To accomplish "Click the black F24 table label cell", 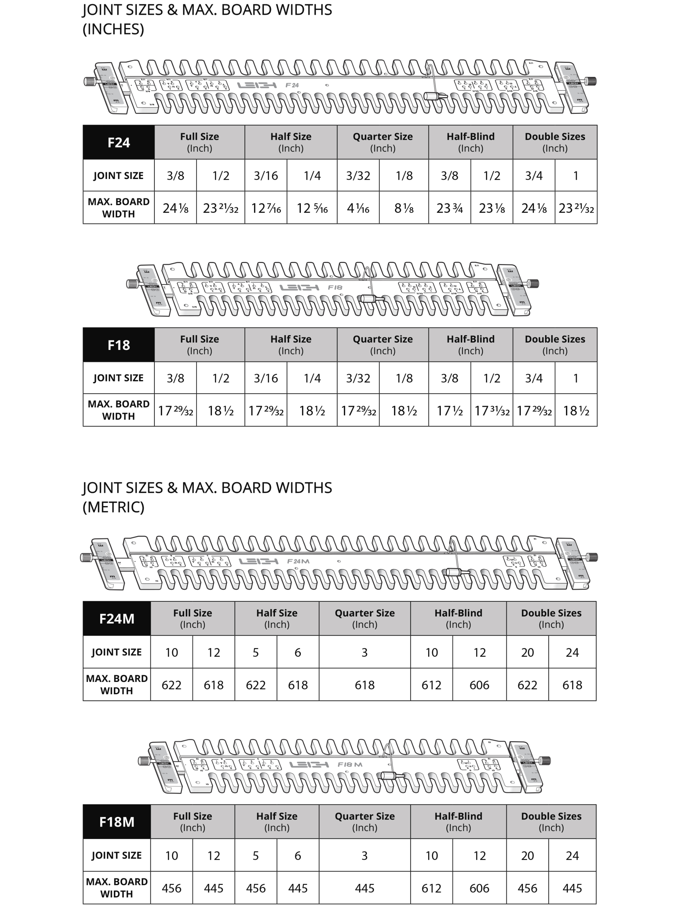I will pos(118,143).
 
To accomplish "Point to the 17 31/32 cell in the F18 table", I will pos(492,411).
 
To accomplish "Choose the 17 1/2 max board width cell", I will pos(449,411).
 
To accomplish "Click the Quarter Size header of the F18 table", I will pos(382,345).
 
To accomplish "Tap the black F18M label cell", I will pos(117,822).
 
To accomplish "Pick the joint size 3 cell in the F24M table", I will pos(364,652).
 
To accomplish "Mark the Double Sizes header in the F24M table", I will pos(551,618).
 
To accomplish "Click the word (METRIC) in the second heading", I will pos(113,507).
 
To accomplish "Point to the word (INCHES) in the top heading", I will pos(113,29).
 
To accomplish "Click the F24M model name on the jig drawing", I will pos(298,561).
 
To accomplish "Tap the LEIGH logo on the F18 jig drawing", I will pos(299,287).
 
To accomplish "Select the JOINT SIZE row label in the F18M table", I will pos(117,855).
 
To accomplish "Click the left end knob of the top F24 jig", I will pos(89,81).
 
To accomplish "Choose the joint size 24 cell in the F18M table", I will pos(572,855).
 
